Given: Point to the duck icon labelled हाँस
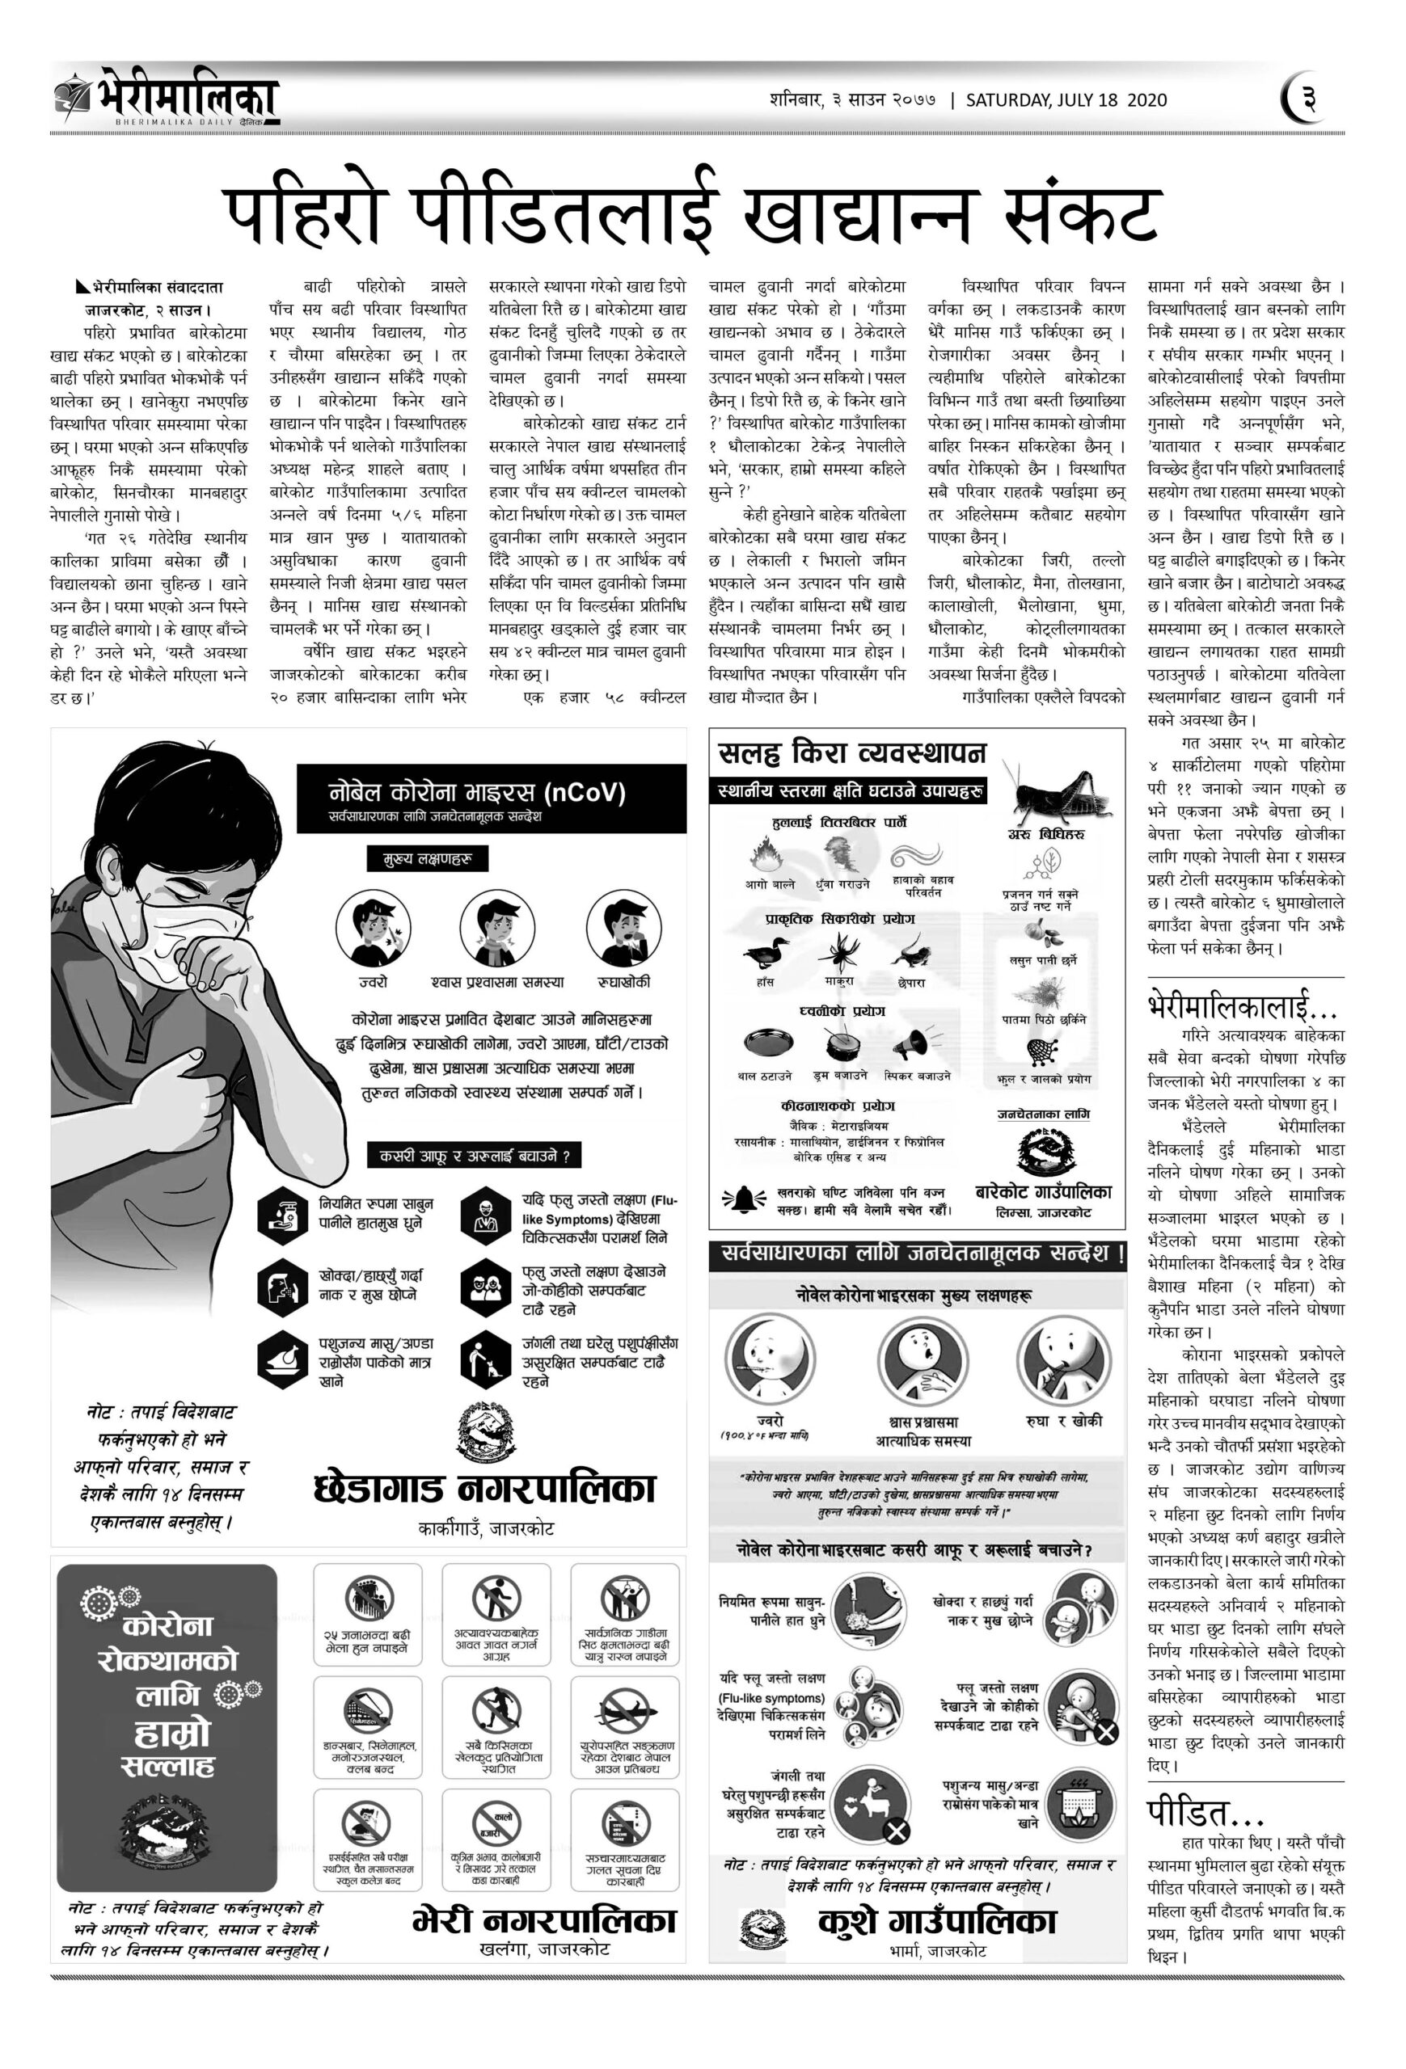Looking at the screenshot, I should pyautogui.click(x=765, y=954).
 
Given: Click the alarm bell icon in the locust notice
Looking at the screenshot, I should pyautogui.click(x=743, y=1200).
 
